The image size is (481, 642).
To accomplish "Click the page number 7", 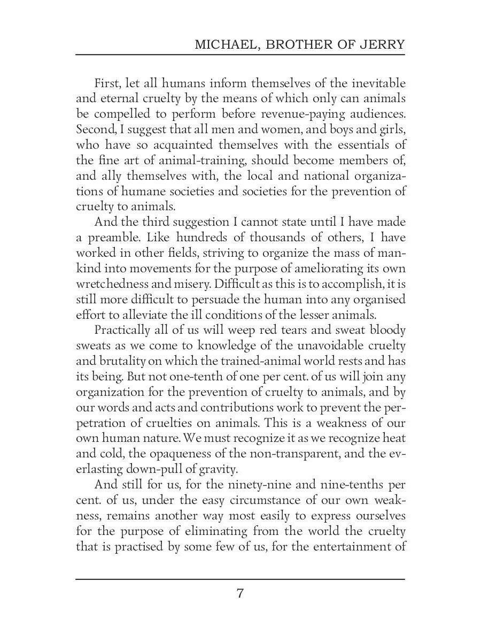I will tap(240, 593).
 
